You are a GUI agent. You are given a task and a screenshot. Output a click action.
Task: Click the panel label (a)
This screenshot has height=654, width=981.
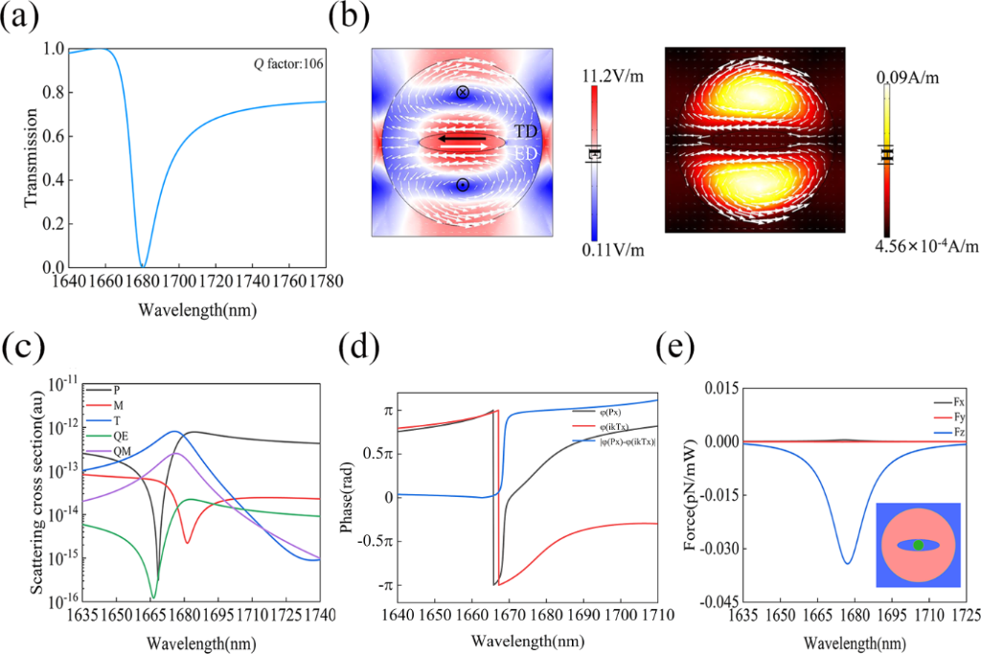[x=22, y=17]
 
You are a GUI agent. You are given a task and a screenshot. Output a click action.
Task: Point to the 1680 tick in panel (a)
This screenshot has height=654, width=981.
[x=143, y=283]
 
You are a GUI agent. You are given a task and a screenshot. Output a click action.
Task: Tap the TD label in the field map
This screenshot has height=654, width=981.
[x=526, y=130]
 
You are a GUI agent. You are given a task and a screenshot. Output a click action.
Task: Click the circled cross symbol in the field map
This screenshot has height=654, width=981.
[x=463, y=93]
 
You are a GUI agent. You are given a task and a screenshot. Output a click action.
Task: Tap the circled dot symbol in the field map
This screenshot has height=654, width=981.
[x=463, y=185]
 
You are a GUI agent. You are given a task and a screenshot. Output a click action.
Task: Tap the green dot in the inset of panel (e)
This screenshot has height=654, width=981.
[x=919, y=544]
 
